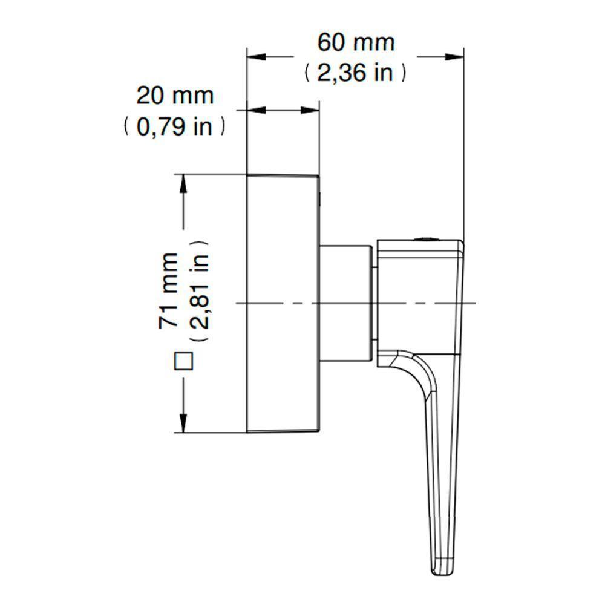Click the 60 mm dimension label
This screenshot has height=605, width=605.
[x=356, y=43]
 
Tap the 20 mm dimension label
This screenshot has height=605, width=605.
[x=175, y=96]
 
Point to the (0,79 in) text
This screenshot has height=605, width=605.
[x=175, y=126]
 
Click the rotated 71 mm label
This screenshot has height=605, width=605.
[x=170, y=290]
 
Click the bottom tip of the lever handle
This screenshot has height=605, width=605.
[x=440, y=571]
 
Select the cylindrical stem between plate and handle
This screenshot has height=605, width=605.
[x=345, y=302]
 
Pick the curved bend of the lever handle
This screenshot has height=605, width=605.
[x=417, y=369]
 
